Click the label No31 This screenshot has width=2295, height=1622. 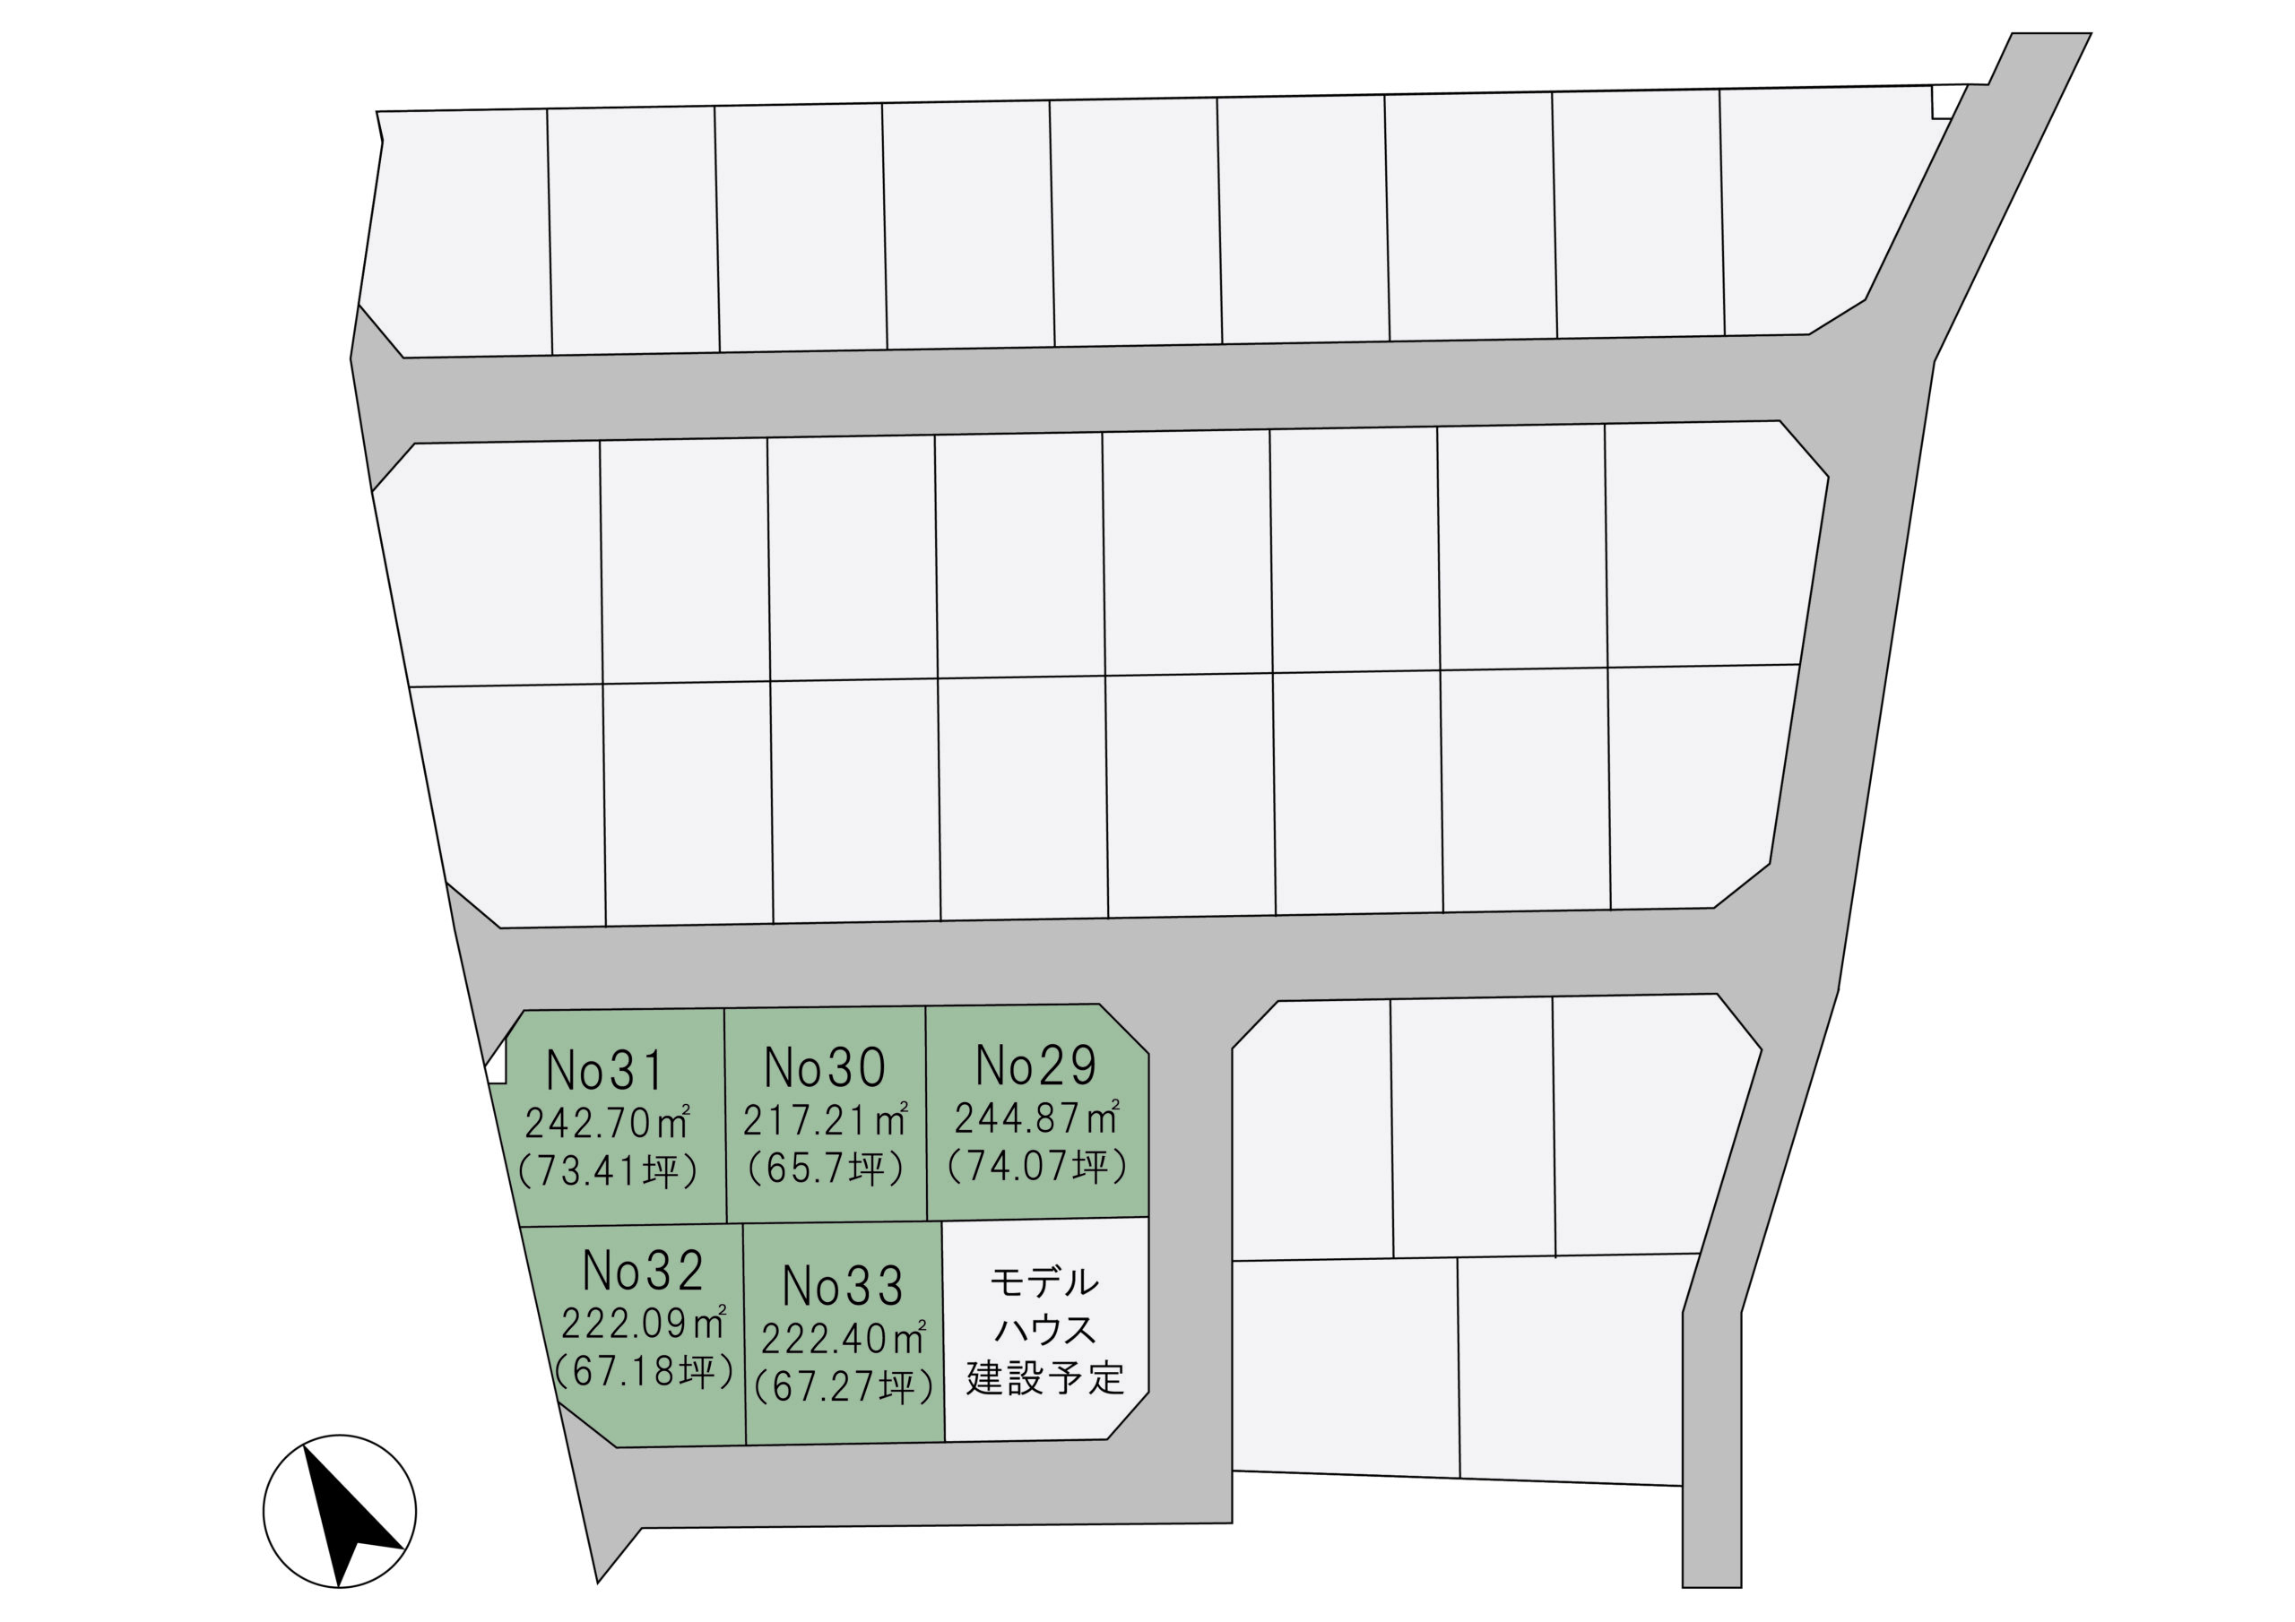pyautogui.click(x=605, y=1072)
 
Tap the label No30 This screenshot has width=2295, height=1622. pyautogui.click(x=825, y=1067)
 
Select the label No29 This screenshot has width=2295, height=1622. pyautogui.click(x=1035, y=1066)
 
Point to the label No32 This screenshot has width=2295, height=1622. pyautogui.click(x=643, y=1272)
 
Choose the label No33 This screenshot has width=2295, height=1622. pyautogui.click(x=843, y=1286)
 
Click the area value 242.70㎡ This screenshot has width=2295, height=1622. pyautogui.click(x=607, y=1124)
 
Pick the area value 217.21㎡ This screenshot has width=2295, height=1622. pyautogui.click(x=825, y=1120)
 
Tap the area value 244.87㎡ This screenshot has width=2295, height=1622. pyautogui.click(x=1036, y=1117)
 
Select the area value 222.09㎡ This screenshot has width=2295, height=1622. pyautogui.click(x=643, y=1324)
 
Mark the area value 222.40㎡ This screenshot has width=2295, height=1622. pyautogui.click(x=844, y=1338)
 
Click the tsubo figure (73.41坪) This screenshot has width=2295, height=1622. pyautogui.click(x=607, y=1170)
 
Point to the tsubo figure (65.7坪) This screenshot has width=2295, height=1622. pyautogui.click(x=826, y=1168)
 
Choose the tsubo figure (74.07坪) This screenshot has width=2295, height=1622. pyautogui.click(x=1037, y=1165)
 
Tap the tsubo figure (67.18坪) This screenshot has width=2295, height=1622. pyautogui.click(x=644, y=1371)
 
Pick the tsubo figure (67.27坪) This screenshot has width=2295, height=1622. pyautogui.click(x=844, y=1386)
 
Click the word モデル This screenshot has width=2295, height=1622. pyautogui.click(x=1044, y=1282)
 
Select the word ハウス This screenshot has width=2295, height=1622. pyautogui.click(x=1044, y=1330)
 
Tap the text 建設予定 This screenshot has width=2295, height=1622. pyautogui.click(x=1045, y=1378)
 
